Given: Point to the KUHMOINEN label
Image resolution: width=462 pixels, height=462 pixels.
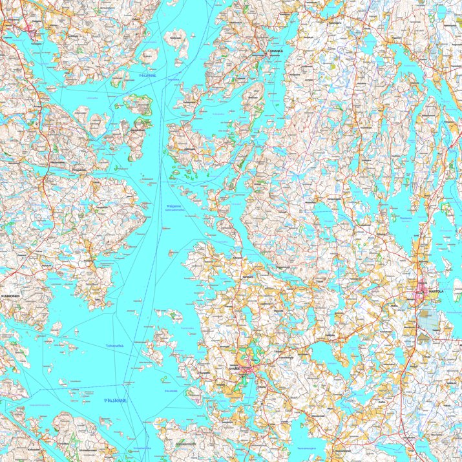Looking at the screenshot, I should pos(12,296).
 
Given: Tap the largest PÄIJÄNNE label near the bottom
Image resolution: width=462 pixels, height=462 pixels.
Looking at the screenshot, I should pos(115,401).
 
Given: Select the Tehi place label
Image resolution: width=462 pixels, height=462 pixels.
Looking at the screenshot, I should pos(98,299).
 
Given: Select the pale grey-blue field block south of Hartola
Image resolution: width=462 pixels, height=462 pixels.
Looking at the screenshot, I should pos(426,320).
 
